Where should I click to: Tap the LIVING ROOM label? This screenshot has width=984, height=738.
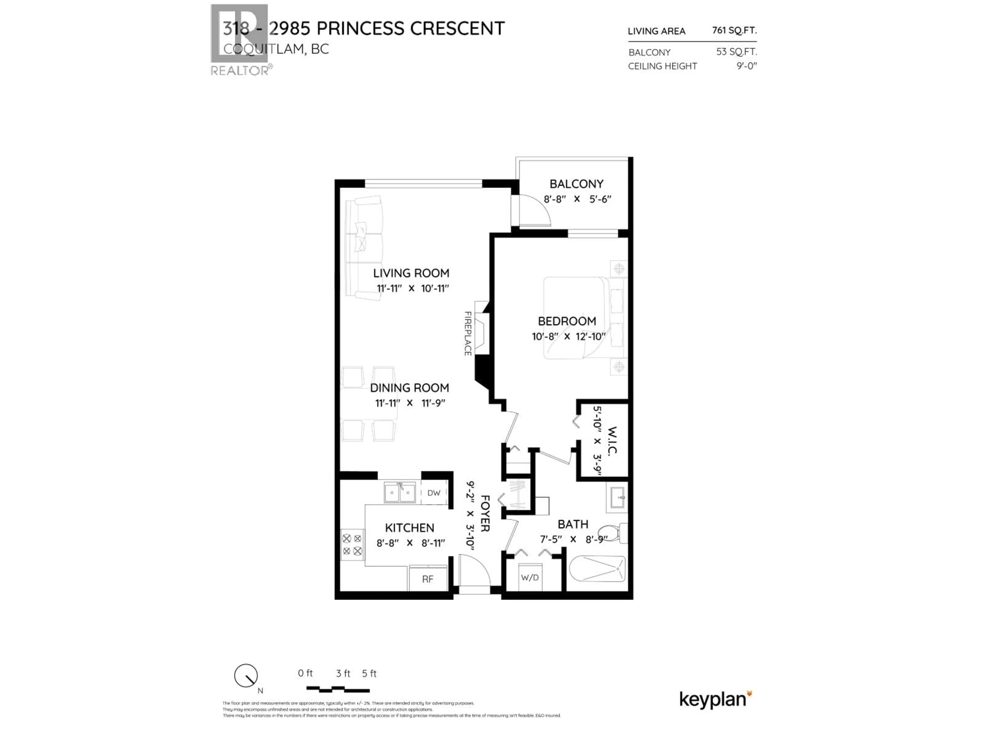pos(411,273)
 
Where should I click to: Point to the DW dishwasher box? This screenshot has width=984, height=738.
pos(434,493)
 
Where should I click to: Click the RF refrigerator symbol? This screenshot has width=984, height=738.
pos(427,579)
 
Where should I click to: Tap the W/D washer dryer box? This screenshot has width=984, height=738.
pos(529,577)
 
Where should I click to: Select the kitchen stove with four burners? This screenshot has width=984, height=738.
pos(352,545)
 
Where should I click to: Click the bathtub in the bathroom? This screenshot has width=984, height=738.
pos(597,569)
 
